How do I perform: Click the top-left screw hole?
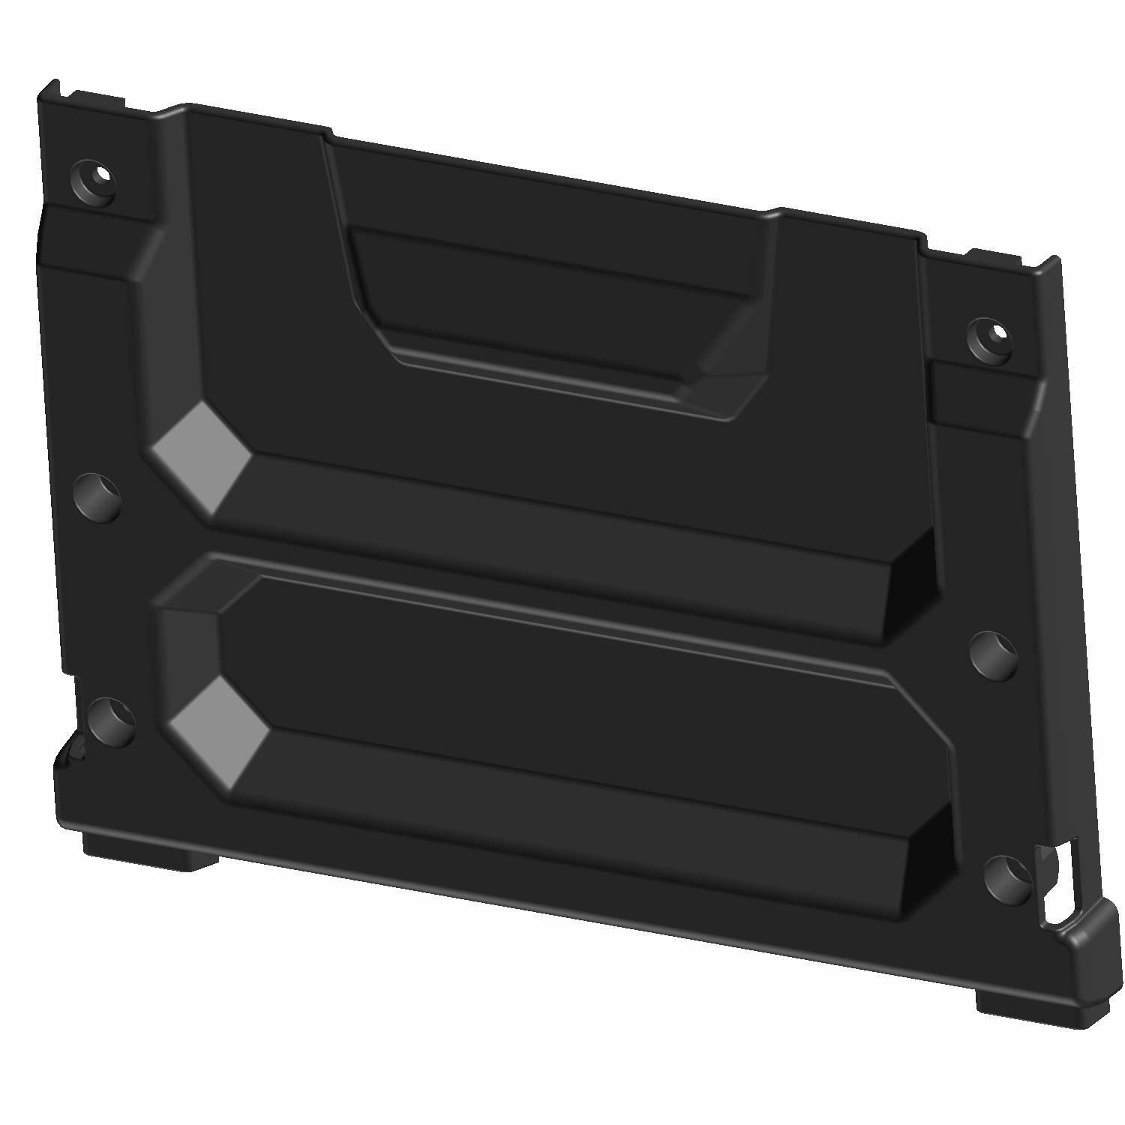coord(95,181)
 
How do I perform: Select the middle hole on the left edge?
coord(98,495)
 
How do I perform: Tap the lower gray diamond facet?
coord(218,731)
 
